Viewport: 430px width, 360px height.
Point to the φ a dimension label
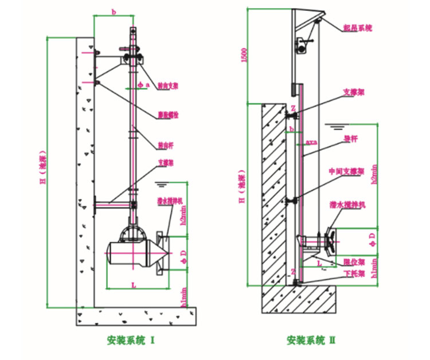(143, 84)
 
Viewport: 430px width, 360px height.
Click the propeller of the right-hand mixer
(329, 239)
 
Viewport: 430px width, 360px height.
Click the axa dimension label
(311, 140)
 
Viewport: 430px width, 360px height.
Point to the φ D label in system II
(373, 236)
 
